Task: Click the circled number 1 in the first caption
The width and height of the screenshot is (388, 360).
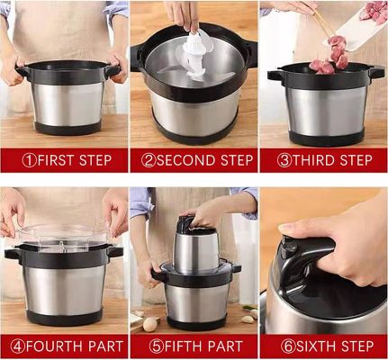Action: [x=29, y=160]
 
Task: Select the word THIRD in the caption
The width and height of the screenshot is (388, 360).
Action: [x=312, y=160]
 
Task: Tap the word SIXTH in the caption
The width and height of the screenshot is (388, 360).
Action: [x=316, y=346]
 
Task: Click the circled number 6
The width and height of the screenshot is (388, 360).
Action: [x=288, y=346]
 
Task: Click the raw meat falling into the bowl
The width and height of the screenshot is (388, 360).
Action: [x=330, y=57]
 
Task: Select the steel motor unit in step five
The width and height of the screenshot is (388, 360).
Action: [x=195, y=246]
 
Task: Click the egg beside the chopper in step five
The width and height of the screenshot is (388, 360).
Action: [x=149, y=324]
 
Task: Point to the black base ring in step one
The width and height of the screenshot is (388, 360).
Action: [x=68, y=128]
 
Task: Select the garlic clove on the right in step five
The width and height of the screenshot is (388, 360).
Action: [x=248, y=319]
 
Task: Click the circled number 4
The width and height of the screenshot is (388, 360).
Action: [x=18, y=346]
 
